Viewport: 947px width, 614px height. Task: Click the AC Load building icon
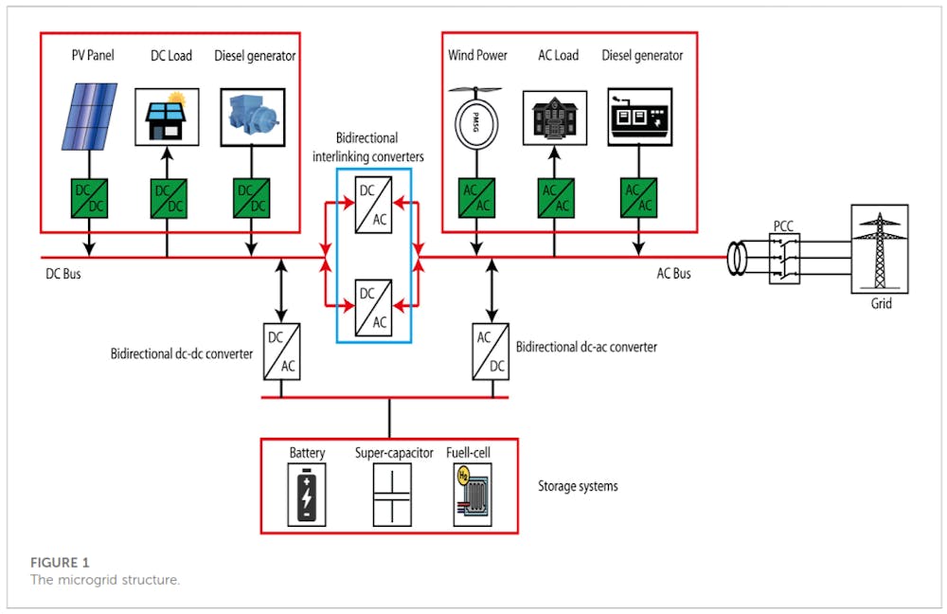[554, 118]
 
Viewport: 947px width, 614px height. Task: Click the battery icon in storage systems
[307, 494]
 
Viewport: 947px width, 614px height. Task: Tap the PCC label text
[784, 226]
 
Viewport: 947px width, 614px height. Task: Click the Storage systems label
[578, 486]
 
